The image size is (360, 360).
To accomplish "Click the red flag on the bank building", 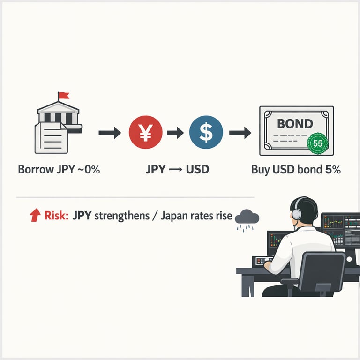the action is pos(63,96).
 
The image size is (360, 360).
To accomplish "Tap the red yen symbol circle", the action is pos(145,133).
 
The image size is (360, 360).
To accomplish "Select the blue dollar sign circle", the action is pos(205,133).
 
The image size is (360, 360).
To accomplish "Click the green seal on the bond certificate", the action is pos(317,143).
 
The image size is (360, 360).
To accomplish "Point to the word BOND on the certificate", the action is pos(295,124).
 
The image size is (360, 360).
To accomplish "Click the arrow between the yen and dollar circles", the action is pos(175,133).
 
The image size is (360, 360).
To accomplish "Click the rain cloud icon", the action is pos(247,217).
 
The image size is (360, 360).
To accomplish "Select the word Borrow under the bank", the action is pos(34,170).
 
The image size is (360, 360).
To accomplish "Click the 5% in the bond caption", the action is pos(332,170).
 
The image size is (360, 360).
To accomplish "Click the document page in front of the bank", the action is pos(51,136).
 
